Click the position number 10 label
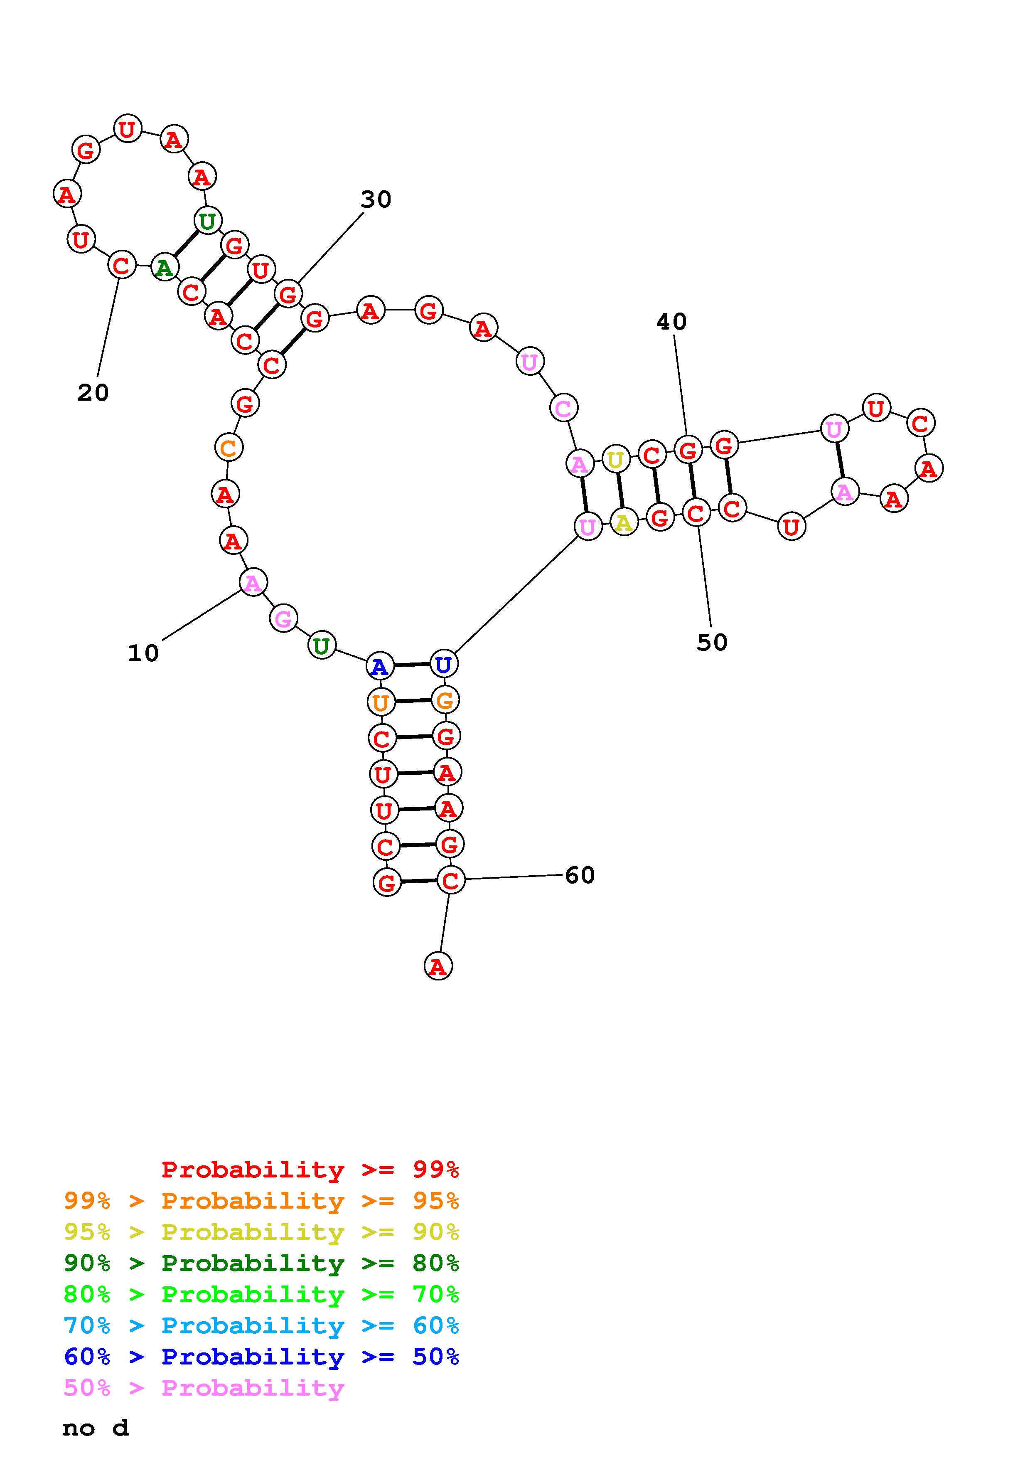point(143,653)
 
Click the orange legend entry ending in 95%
point(261,1201)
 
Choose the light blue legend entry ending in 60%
point(261,1325)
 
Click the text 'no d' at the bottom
point(95,1428)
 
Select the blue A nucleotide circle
point(379,666)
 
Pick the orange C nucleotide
point(229,448)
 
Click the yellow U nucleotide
point(615,459)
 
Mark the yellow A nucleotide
point(624,522)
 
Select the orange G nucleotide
point(445,700)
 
